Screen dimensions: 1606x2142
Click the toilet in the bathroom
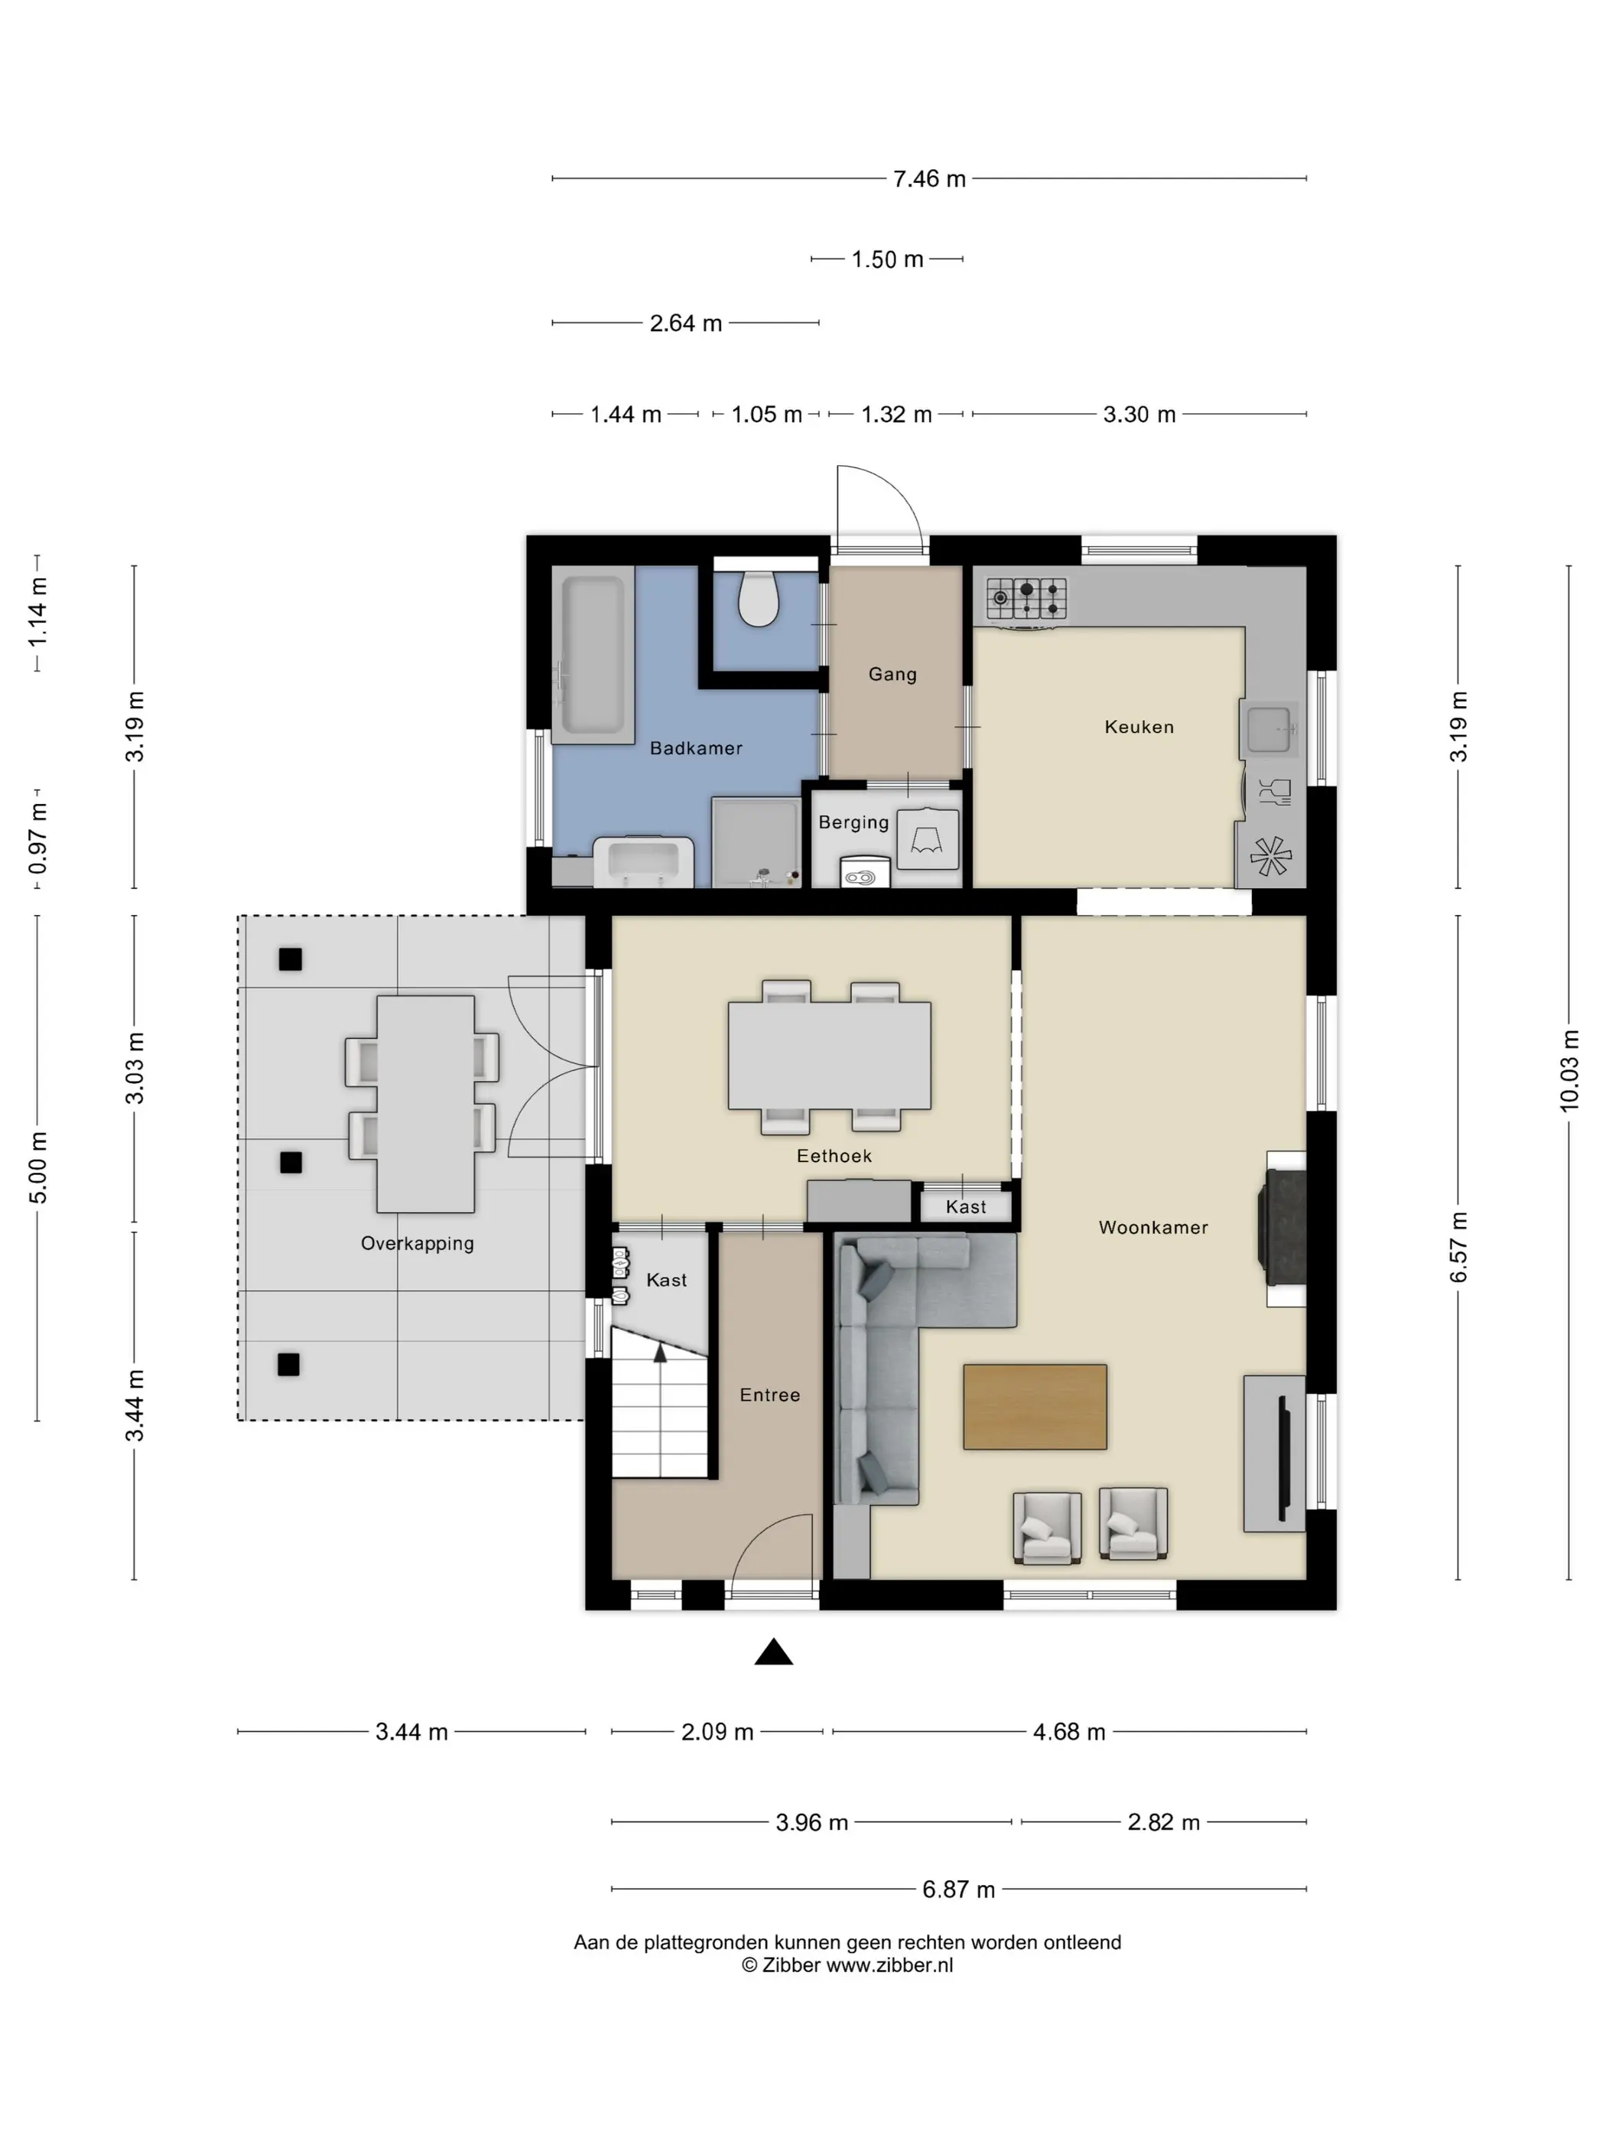pos(758,597)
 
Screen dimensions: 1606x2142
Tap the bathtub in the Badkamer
pos(593,655)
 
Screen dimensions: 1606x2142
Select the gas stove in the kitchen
pos(1026,598)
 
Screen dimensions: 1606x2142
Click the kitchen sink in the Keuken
pos(1268,729)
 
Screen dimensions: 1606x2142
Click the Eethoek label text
pos(834,1156)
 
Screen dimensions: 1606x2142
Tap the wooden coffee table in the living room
pos(1035,1407)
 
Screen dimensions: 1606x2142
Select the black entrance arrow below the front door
pos(773,1652)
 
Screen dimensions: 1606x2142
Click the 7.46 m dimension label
pos(929,179)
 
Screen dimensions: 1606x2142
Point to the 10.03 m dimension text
pos(1569,1070)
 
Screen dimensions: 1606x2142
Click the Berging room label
pos(853,822)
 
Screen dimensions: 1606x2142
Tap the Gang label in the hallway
pos(892,674)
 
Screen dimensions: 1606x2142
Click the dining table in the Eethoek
pos(830,1056)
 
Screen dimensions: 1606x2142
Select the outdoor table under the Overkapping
pos(425,1104)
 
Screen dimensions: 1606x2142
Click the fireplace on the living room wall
pos(1282,1229)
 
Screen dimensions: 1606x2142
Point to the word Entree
pos(769,1395)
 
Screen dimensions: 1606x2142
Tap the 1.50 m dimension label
pos(886,259)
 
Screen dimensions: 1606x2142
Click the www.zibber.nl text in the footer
pos(889,1966)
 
